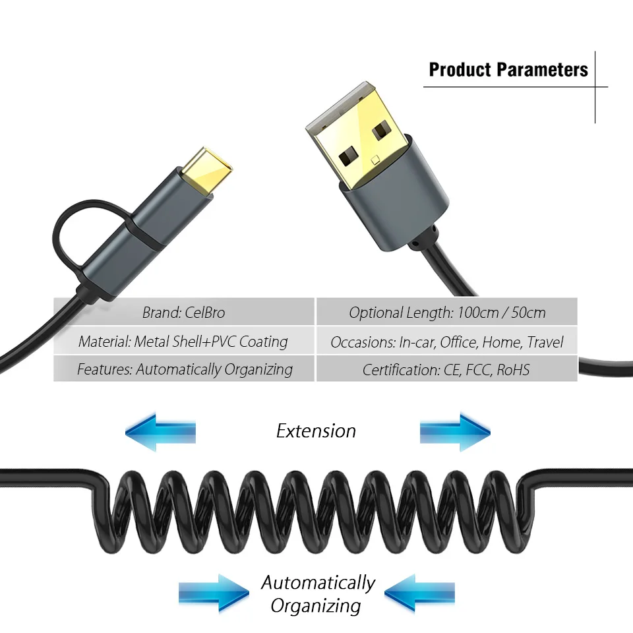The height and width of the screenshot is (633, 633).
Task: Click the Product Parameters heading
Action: pyautogui.click(x=508, y=69)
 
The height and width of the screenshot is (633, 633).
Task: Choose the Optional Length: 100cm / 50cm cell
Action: pyautogui.click(x=447, y=312)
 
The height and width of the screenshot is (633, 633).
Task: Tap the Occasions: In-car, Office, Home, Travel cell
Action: pyautogui.click(x=447, y=342)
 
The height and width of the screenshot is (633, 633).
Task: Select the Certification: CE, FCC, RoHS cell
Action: pyautogui.click(x=447, y=369)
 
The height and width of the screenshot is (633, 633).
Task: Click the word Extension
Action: pyautogui.click(x=316, y=431)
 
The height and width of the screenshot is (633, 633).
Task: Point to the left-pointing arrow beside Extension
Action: pyautogui.click(x=160, y=432)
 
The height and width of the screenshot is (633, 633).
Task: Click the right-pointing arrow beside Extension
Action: pyautogui.click(x=455, y=432)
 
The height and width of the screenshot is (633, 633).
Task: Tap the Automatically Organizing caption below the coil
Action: pyautogui.click(x=317, y=593)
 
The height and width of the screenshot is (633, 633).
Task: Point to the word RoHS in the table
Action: pyautogui.click(x=512, y=369)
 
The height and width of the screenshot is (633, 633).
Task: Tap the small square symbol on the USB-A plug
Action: pyautogui.click(x=376, y=159)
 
